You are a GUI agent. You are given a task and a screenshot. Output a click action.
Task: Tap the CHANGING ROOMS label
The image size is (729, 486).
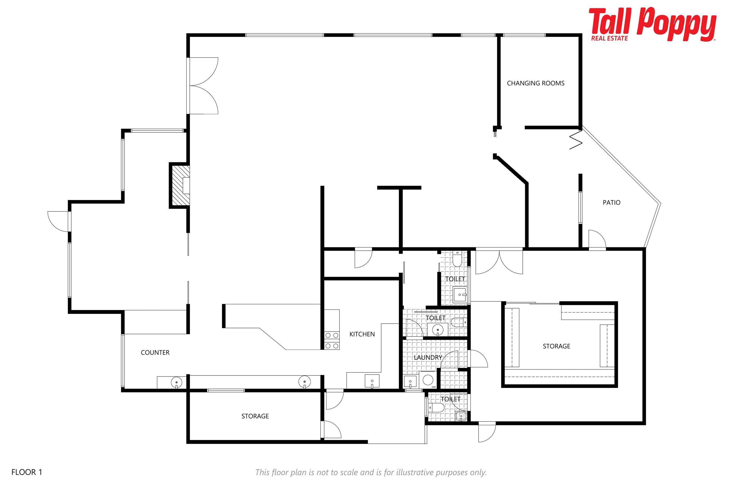pyautogui.click(x=536, y=83)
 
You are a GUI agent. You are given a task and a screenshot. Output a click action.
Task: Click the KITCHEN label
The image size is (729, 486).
pyautogui.click(x=362, y=334)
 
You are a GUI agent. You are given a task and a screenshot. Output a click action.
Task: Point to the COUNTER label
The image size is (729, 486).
pyautogui.click(x=155, y=352)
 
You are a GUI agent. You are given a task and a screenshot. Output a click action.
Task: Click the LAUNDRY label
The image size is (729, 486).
pyautogui.click(x=428, y=357)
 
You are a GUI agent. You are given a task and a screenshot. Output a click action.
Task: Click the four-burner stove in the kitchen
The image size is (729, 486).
pyautogui.click(x=332, y=341)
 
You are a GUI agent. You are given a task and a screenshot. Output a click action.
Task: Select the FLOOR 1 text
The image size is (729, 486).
pyautogui.click(x=27, y=472)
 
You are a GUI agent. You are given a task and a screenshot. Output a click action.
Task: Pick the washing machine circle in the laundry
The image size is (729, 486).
pyautogui.click(x=428, y=380)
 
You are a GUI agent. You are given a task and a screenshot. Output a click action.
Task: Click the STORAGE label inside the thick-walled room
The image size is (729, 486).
pyautogui.click(x=556, y=346)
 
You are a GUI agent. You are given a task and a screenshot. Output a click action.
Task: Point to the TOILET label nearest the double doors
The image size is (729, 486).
pyautogui.click(x=455, y=279)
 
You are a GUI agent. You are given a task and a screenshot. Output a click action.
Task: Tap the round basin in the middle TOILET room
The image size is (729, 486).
pyautogui.click(x=438, y=330)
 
